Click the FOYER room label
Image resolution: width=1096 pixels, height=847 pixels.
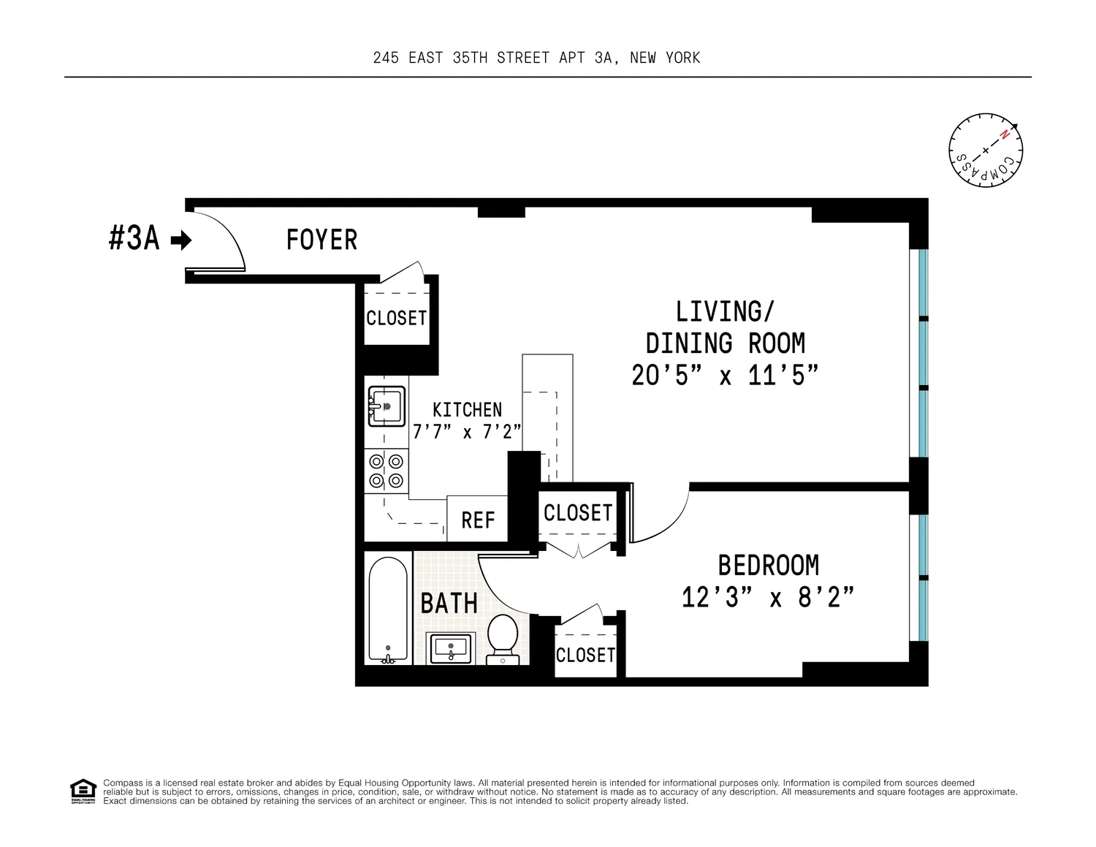click(x=321, y=240)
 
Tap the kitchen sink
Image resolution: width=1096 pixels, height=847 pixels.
click(x=387, y=406)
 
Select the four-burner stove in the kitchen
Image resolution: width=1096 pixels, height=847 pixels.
click(x=387, y=471)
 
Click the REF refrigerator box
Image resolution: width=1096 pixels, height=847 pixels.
click(x=477, y=519)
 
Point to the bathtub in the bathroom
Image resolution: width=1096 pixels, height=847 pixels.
click(x=388, y=609)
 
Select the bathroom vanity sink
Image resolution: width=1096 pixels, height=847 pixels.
click(x=450, y=648)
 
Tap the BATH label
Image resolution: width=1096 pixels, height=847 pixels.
click(x=449, y=604)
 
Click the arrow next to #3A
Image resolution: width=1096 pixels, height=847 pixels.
click(x=181, y=240)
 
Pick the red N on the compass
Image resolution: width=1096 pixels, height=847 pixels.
click(x=1005, y=134)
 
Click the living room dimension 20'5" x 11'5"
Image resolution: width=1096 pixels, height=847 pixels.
click(x=725, y=376)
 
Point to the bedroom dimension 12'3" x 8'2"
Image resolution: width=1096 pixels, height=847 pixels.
click(x=768, y=598)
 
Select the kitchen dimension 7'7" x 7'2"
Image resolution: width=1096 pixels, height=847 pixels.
click(x=467, y=432)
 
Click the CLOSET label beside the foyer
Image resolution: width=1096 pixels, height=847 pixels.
click(x=397, y=319)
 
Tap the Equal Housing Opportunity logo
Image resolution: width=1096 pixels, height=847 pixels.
click(x=83, y=791)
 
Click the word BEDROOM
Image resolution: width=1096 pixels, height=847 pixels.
click(x=769, y=566)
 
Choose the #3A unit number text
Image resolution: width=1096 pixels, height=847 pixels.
click(x=134, y=239)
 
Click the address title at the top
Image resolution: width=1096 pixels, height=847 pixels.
click(x=536, y=58)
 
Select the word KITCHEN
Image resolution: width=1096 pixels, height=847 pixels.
click(x=468, y=410)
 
